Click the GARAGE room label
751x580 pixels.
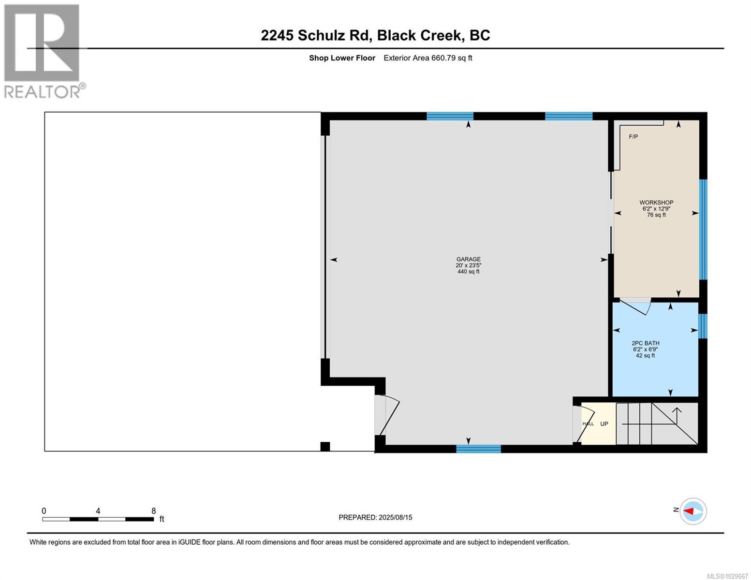[x=468, y=259]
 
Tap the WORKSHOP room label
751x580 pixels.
[x=656, y=203]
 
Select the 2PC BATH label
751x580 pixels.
[x=646, y=343]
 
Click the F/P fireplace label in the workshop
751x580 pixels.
[x=633, y=137]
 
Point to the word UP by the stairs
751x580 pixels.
[x=604, y=424]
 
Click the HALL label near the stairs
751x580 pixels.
[x=588, y=424]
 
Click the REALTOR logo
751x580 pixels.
[x=42, y=51]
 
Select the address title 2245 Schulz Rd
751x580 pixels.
[x=375, y=35]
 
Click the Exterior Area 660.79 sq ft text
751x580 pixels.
[x=427, y=58]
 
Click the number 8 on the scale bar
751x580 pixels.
[x=153, y=511]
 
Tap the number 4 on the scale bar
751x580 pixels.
[x=98, y=511]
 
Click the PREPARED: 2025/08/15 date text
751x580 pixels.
[x=375, y=517]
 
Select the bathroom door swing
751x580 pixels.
[x=635, y=306]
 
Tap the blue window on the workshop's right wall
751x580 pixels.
[x=703, y=230]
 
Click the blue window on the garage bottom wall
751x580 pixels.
[x=478, y=449]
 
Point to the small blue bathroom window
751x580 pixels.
[x=703, y=326]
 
